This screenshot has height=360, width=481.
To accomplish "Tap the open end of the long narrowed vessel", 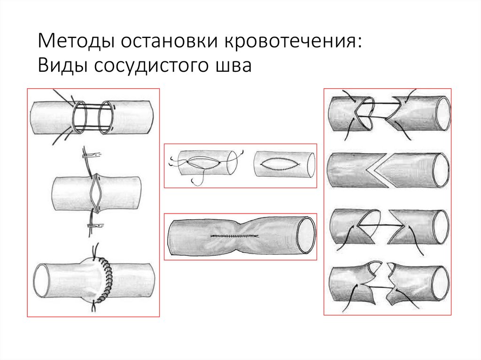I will [x=306, y=233].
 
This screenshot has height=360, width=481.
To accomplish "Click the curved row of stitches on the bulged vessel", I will [x=109, y=281].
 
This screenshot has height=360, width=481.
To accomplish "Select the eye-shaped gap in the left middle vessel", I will [x=96, y=193].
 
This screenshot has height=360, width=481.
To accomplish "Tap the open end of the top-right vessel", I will [x=443, y=113].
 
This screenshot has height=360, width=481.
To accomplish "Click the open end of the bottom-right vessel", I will [x=442, y=284].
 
